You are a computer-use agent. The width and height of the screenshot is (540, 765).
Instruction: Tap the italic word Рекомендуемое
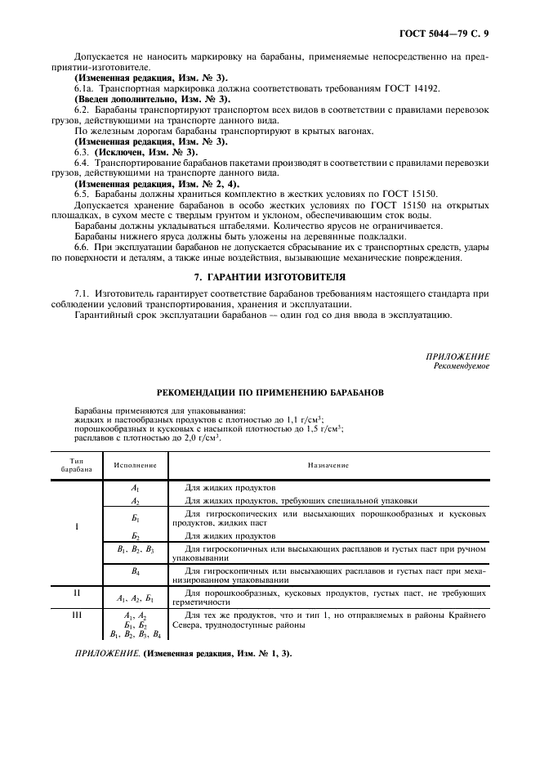(462, 365)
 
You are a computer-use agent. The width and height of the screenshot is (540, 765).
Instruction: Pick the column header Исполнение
(136, 465)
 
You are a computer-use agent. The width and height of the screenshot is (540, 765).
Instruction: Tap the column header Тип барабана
(77, 465)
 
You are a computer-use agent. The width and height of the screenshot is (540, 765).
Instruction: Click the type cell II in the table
(77, 592)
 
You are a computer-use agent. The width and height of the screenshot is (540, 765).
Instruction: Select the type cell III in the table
(77, 614)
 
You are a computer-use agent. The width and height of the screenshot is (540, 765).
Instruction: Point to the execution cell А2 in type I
(136, 500)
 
